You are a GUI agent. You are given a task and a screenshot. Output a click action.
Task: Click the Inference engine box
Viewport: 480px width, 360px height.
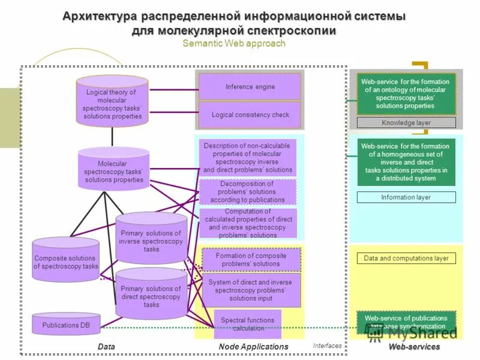250,86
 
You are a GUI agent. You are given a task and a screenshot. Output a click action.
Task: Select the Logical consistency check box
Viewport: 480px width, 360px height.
250,115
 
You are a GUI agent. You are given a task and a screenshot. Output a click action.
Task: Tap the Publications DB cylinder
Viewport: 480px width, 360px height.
65,325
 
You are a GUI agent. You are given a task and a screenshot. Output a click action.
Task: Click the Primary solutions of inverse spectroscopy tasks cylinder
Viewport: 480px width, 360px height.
151,241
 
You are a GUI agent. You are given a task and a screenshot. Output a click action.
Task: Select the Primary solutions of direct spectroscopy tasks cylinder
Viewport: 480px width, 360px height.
151,296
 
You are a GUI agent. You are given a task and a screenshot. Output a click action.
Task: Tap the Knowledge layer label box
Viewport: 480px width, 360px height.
406,122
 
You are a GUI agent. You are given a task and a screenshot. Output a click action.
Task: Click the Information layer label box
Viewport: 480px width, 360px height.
406,197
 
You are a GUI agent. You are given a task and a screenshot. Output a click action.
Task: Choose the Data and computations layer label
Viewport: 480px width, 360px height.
406,258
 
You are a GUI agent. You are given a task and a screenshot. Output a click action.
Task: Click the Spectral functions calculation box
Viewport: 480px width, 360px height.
247,324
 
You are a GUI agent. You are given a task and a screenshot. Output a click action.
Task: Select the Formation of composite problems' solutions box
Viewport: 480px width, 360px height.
250,259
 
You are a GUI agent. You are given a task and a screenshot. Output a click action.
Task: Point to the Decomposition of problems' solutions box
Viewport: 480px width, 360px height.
247,192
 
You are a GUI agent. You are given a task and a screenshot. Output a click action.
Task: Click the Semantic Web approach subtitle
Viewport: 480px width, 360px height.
233,43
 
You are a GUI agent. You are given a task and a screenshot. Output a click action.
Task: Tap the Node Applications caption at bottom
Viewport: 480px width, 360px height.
253,347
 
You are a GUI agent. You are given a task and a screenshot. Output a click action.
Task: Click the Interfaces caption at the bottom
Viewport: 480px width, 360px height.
327,346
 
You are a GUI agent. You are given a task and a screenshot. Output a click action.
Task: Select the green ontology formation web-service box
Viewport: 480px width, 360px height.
406,94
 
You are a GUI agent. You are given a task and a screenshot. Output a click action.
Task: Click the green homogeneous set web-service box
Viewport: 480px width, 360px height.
406,162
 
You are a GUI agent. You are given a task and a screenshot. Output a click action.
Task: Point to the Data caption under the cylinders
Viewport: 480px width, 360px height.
106,347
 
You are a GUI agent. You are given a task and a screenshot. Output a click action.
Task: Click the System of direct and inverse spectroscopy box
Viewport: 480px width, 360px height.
250,290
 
